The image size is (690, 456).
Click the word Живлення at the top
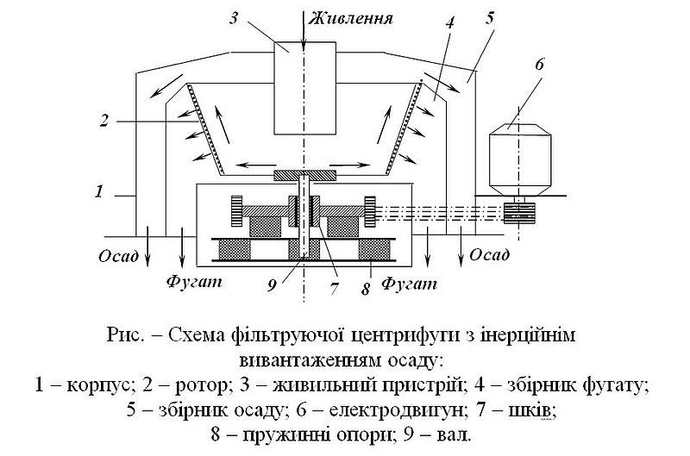tap(350, 19)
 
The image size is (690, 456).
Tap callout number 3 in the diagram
tap(234, 18)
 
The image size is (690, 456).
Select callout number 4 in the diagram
tap(449, 23)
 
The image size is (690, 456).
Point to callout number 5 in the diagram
tap(490, 18)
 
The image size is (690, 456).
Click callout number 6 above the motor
tap(539, 64)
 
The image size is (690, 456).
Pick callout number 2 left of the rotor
tap(103, 121)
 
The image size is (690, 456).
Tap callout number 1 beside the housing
tap(99, 191)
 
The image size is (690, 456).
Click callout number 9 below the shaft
tap(273, 286)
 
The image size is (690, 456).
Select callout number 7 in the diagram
tap(334, 289)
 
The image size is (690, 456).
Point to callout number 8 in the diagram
tap(366, 290)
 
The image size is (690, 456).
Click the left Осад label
tap(118, 256)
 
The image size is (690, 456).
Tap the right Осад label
tap(490, 254)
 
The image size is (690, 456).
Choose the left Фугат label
tap(194, 281)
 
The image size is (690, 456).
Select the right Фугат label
tap(409, 284)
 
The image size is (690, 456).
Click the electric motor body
tap(521, 159)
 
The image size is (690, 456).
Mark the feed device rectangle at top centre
tap(304, 88)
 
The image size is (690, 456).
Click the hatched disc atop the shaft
tap(304, 176)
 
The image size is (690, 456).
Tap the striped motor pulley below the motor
tap(519, 213)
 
